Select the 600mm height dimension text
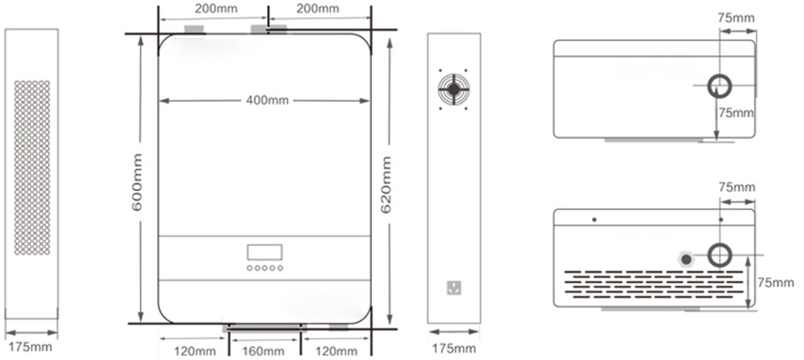tap(137, 182)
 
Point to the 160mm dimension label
tap(263, 351)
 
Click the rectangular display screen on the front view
tap(265, 252)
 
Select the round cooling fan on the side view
tap(453, 89)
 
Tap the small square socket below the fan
tap(453, 287)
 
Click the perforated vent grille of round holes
tap(32, 167)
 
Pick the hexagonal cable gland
tap(686, 258)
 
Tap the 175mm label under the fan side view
tap(455, 349)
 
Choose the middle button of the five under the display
tap(265, 268)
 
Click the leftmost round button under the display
tap(249, 268)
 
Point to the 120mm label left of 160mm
tap(195, 351)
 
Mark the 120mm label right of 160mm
tap(336, 351)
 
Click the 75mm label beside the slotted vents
tap(776, 283)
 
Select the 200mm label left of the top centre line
tap(216, 9)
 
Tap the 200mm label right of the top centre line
tap(318, 9)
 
